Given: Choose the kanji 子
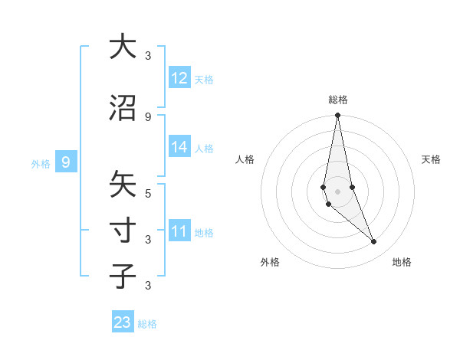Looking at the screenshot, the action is tap(123, 276).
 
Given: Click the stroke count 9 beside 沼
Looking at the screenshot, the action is tap(148, 116).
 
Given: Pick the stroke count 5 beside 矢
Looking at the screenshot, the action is tap(148, 194).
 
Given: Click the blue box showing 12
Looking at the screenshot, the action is tap(179, 78).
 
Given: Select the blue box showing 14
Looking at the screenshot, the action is tap(179, 147).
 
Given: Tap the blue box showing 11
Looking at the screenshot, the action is tap(179, 231).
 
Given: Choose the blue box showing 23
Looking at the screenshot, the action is tap(123, 322).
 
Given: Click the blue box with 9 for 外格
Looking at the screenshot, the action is tap(66, 162).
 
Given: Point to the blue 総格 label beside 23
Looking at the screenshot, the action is tap(147, 324).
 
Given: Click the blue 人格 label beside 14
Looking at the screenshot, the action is tap(204, 149).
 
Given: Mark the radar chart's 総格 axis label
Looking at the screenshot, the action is tap(338, 100).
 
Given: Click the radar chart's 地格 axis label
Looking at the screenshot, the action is tap(402, 262).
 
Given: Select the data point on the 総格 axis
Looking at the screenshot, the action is tap(338, 116).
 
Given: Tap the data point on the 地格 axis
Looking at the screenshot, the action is tap(374, 242).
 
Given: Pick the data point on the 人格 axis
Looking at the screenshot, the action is tap(324, 187).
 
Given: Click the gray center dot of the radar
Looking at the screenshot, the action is tap(338, 191).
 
